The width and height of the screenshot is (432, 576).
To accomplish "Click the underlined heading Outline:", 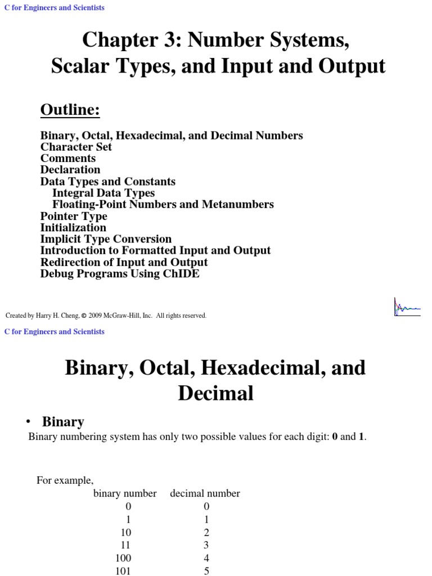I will coord(70,110).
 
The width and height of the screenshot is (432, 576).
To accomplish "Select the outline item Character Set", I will coord(76,147).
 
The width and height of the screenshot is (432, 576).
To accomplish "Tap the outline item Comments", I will coord(68,159).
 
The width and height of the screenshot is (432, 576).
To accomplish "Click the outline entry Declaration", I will coord(70,170).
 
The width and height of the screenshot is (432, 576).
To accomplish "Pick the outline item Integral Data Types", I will coord(103,193).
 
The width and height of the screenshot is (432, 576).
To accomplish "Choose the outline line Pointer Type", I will coord(74,216).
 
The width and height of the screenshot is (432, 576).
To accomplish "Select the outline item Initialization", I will coord(73,228).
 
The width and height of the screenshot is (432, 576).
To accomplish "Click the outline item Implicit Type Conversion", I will coord(106,239).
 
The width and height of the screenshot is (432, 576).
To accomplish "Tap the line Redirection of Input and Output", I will coord(124,262).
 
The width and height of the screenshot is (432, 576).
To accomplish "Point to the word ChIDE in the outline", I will coord(181,274).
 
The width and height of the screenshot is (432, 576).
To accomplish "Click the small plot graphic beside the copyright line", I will coord(407,307).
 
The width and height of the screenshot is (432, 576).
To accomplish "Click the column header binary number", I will coord(125,493).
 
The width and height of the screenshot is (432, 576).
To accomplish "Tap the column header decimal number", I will coord(205,493).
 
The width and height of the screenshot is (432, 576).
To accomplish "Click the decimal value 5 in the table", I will coord(206,570).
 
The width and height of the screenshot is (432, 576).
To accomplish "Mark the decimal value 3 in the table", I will coord(206,545).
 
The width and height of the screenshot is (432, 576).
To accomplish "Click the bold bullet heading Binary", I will coord(63,421).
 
